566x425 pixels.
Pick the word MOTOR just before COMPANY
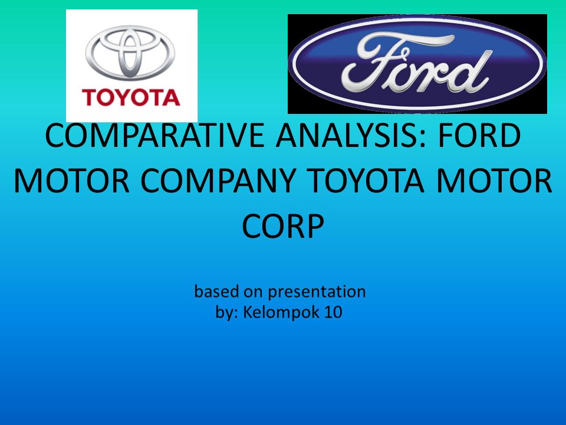pos(72,181)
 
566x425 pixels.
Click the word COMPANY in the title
pos(218,181)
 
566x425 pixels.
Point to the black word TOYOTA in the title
pos(366,181)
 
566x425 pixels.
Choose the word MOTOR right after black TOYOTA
pos(494,181)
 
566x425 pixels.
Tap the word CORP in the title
pos(283,226)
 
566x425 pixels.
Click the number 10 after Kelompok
pos(333,312)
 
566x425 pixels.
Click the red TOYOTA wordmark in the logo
pos(131,97)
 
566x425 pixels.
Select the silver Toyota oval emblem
pos(130,53)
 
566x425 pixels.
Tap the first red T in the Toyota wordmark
pos(91,97)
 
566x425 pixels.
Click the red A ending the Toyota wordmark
pos(171,97)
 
